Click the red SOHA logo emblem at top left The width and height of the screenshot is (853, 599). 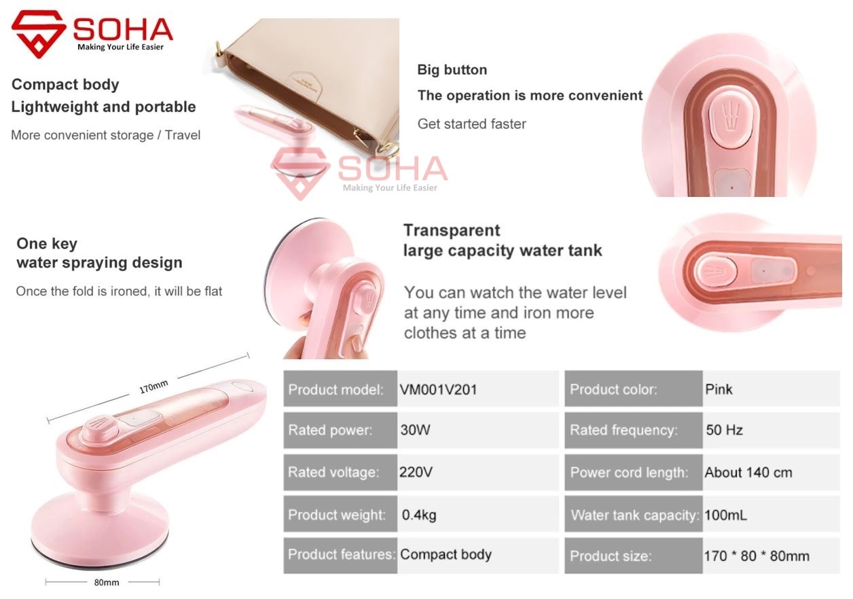point(39,34)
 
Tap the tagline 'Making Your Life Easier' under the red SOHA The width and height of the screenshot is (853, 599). point(120,47)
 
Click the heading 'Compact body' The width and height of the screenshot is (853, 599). point(65,84)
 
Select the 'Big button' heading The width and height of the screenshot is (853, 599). point(452,70)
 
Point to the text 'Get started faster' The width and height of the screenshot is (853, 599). point(471,124)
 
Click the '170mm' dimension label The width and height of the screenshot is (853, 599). point(153,387)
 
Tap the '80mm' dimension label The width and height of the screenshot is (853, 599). point(107,582)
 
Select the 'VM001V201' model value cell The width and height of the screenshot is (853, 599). point(438,389)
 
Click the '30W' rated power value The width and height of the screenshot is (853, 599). point(415,430)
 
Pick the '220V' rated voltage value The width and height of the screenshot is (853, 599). point(416,472)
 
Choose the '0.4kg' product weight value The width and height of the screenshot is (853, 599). point(419,515)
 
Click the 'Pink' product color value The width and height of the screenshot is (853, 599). point(719,389)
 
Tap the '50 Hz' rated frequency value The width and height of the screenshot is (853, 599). point(724,430)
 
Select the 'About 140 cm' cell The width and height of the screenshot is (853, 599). point(748,472)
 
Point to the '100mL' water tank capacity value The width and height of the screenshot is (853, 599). point(726,515)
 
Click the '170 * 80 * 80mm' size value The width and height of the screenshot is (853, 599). point(757,556)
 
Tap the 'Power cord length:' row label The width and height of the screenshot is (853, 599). point(629,473)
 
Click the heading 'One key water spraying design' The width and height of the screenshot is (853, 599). point(99,253)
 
